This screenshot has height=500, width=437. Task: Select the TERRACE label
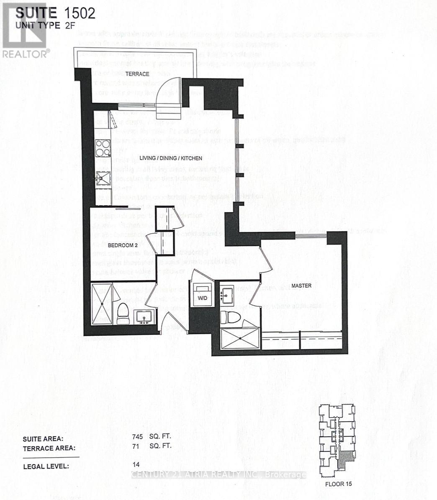click(x=137, y=74)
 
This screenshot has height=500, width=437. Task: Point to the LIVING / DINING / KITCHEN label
click(x=171, y=158)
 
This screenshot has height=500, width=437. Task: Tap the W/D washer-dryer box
click(x=202, y=297)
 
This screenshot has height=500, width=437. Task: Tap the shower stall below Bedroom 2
click(x=101, y=304)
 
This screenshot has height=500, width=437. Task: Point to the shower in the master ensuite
click(x=240, y=338)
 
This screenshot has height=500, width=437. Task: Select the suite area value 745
click(x=137, y=436)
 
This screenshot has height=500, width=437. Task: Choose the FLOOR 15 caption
click(x=338, y=484)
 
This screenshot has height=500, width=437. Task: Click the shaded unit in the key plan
click(x=345, y=460)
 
